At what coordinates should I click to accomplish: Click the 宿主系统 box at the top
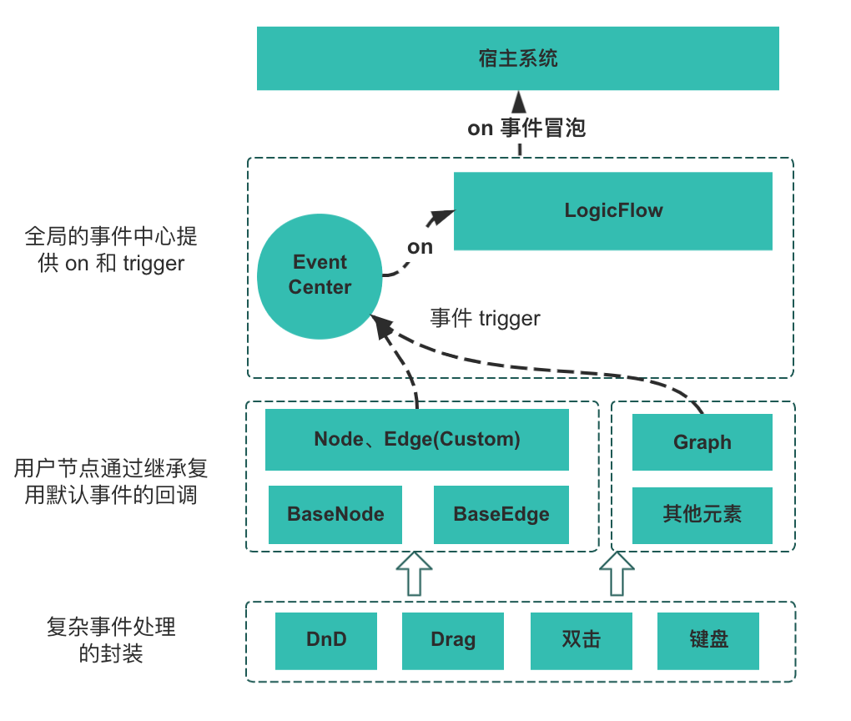click(517, 58)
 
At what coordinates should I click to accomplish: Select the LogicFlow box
click(613, 210)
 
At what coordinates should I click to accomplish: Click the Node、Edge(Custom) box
click(417, 440)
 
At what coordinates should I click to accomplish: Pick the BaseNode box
click(335, 514)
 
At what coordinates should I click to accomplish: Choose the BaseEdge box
click(501, 514)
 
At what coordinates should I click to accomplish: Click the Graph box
click(702, 442)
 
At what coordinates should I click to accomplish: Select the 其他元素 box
click(702, 514)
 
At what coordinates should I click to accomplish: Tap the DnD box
click(326, 641)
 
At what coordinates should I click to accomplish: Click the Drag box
click(453, 641)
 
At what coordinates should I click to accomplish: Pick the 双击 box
click(581, 641)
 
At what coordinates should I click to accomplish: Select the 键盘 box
click(708, 641)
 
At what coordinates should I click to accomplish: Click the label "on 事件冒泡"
click(526, 128)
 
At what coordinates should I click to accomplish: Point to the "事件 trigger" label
click(485, 318)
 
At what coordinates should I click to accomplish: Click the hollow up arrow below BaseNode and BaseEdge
click(414, 573)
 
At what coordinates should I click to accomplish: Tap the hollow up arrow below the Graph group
click(617, 573)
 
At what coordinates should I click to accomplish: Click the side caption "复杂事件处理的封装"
click(111, 639)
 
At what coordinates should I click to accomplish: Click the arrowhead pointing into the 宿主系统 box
click(521, 102)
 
